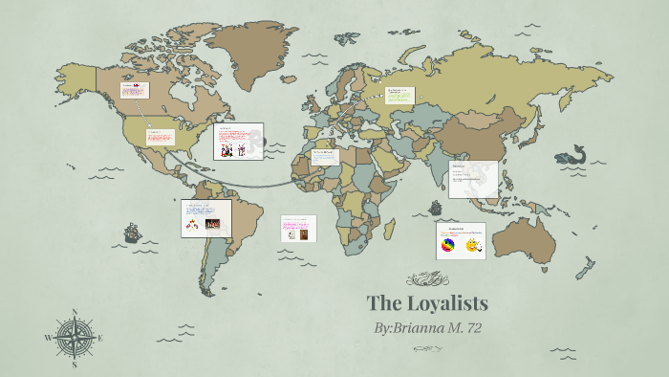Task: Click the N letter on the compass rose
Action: click(x=75, y=313)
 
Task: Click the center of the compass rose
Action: click(x=75, y=338)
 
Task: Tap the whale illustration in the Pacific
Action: click(x=572, y=154)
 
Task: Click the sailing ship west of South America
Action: click(x=132, y=233)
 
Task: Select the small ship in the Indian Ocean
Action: click(x=436, y=207)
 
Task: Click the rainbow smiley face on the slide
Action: click(x=446, y=247)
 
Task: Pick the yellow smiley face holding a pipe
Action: click(x=472, y=247)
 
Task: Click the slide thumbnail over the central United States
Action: click(x=161, y=137)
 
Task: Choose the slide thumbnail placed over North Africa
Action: click(x=324, y=157)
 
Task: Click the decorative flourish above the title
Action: click(x=427, y=279)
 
